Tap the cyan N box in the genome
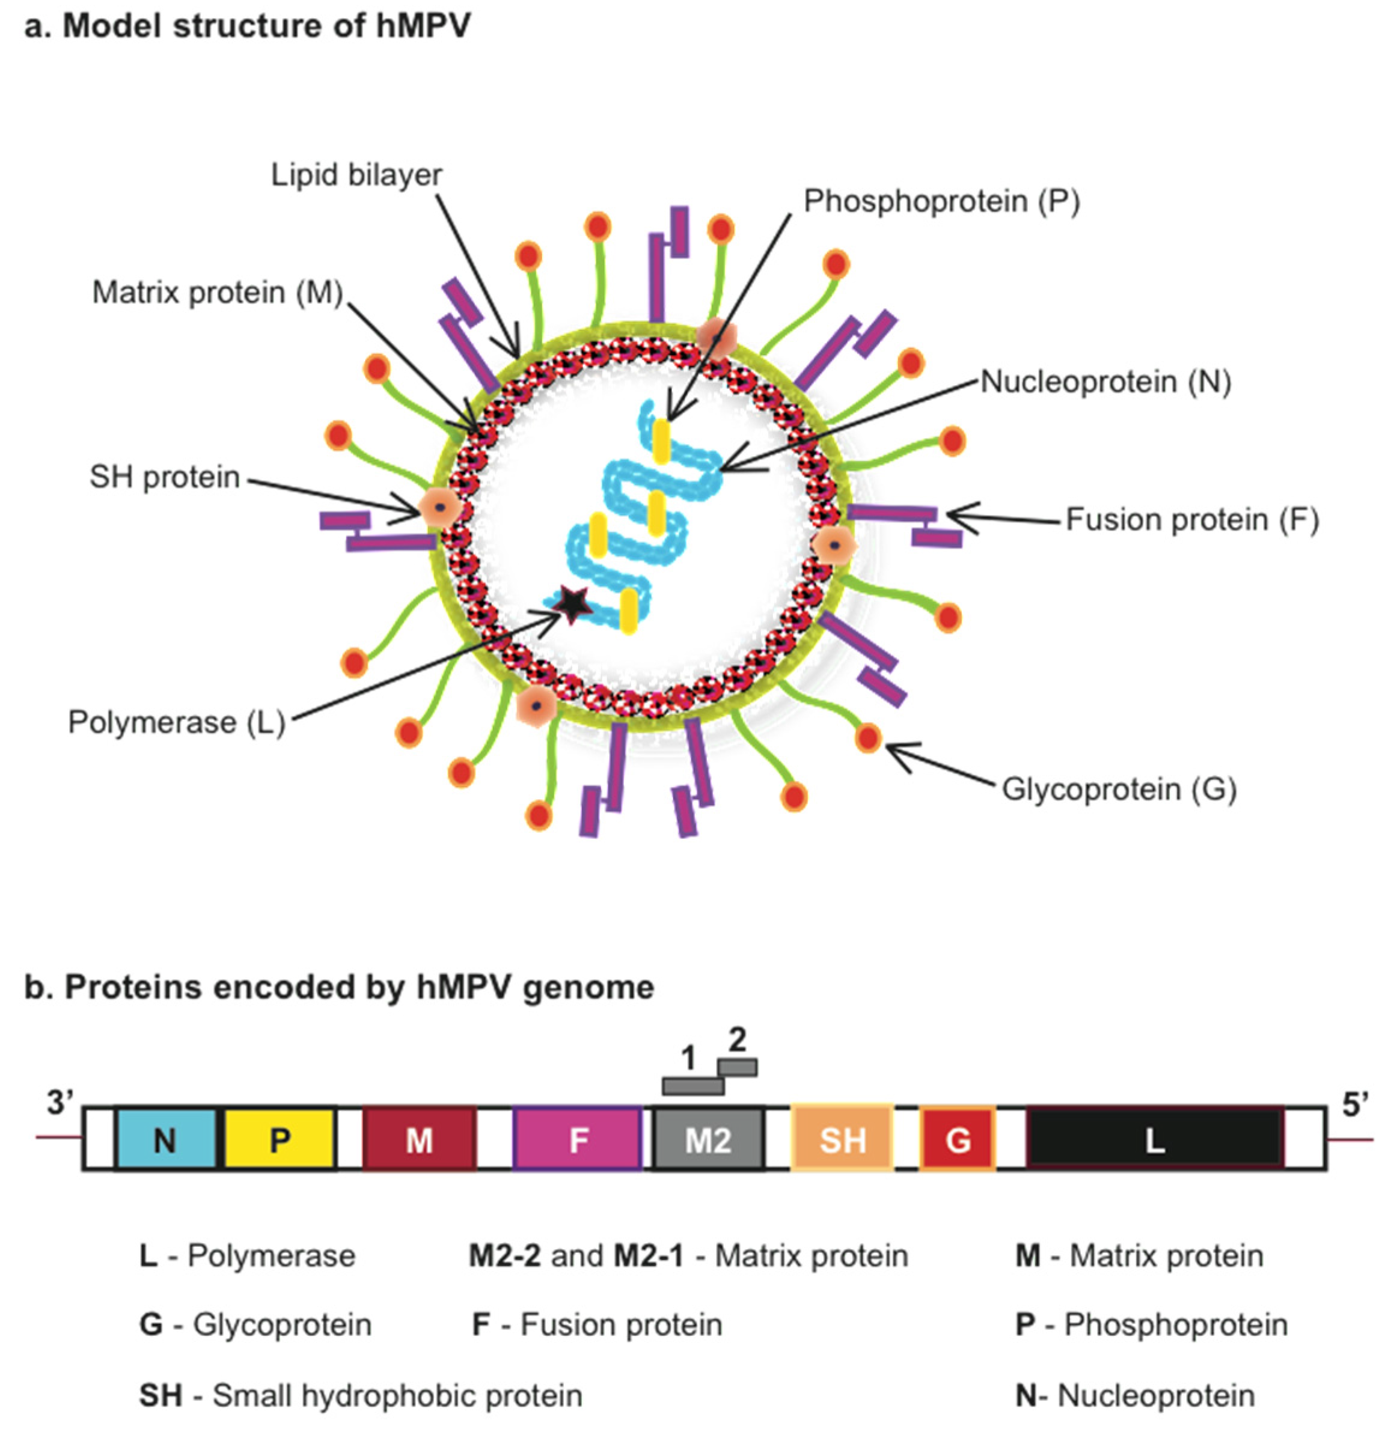[165, 1139]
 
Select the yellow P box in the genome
[280, 1139]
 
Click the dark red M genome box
[420, 1139]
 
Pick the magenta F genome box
[578, 1139]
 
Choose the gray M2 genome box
[708, 1139]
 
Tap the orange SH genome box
[842, 1139]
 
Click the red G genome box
[958, 1139]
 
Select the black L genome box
[1155, 1139]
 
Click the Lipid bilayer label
[356, 175]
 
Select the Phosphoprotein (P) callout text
[941, 201]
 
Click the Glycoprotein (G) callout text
[1119, 789]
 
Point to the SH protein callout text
[165, 477]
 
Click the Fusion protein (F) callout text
[1191, 520]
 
